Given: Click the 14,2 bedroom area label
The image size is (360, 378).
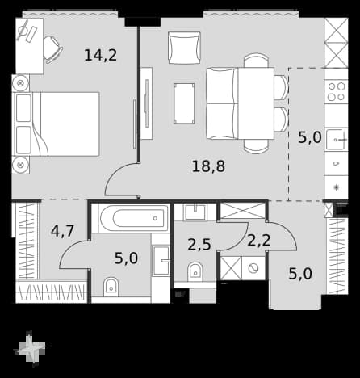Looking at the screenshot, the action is tap(101, 55).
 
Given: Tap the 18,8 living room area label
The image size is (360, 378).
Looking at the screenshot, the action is tap(208, 166).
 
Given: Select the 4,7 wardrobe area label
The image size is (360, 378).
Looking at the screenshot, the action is tap(62, 231).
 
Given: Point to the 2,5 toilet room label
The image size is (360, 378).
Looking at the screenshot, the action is tap(199, 245).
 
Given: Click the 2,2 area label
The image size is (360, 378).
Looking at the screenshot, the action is tap(258, 240).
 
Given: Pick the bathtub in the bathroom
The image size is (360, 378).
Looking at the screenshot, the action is tap(134, 218).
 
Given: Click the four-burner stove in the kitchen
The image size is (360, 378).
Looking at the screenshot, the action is tap(337, 92).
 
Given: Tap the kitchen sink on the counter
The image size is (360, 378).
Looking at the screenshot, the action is tap(336, 139).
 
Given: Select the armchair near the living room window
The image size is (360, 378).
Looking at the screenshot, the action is tap(185, 48).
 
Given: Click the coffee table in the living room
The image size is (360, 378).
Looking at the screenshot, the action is tap(184, 103).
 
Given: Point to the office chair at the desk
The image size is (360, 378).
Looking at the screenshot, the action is tap(52, 49).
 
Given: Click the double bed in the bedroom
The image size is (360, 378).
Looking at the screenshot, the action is tap(56, 124).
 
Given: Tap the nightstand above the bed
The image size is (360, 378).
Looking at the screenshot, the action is tap(20, 83).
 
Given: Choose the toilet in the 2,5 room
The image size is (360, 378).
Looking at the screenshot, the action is tap(195, 271).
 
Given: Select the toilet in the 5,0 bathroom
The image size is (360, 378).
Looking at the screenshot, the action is tap(111, 287).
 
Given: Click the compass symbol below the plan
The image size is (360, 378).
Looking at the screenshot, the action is tap(30, 348).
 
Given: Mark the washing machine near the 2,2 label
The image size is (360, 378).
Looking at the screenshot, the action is tap(253, 268).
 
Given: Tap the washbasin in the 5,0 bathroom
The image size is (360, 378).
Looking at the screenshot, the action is tap(161, 260).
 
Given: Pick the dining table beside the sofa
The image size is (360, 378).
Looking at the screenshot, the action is tap(256, 103).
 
